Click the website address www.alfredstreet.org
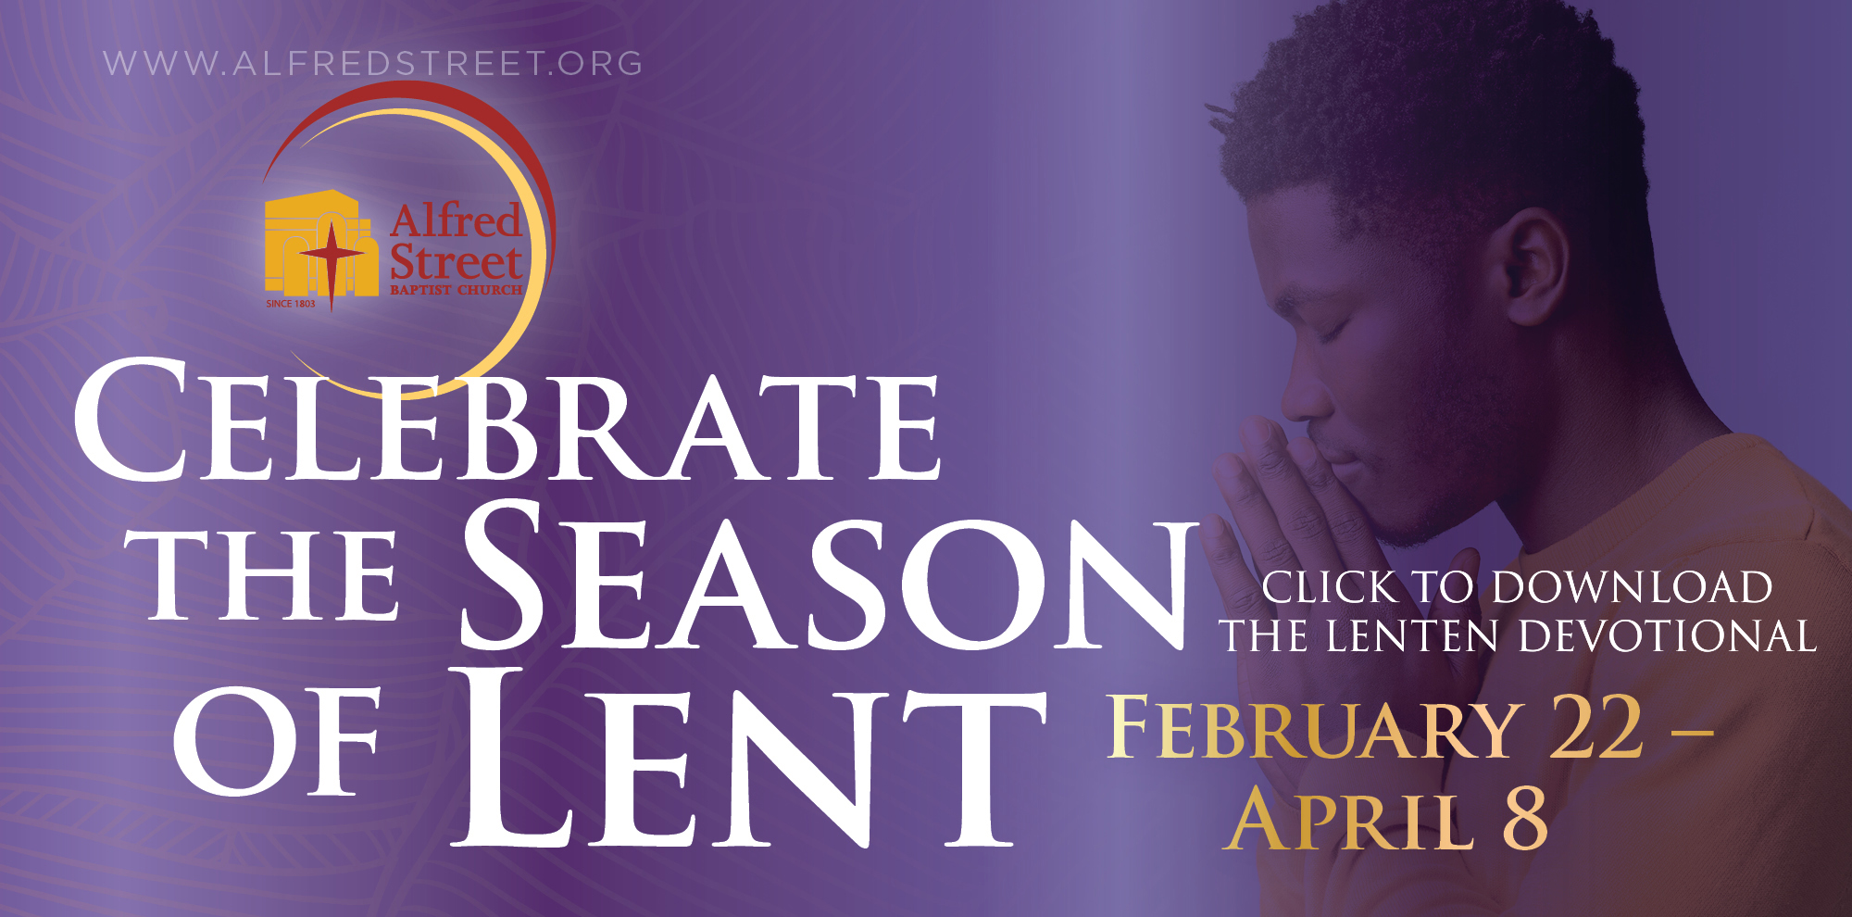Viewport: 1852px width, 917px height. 373,64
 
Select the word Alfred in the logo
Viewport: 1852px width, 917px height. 456,221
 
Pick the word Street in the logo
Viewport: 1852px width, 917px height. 457,262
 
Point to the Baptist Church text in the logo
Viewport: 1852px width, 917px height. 457,290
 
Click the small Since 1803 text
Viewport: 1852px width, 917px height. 291,304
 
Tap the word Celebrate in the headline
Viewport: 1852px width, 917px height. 507,421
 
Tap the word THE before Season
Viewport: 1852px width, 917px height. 274,575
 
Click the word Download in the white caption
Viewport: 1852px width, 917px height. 1633,587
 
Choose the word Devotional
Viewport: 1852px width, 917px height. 1668,636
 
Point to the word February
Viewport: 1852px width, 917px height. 1316,728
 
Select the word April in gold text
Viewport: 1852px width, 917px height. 1348,819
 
